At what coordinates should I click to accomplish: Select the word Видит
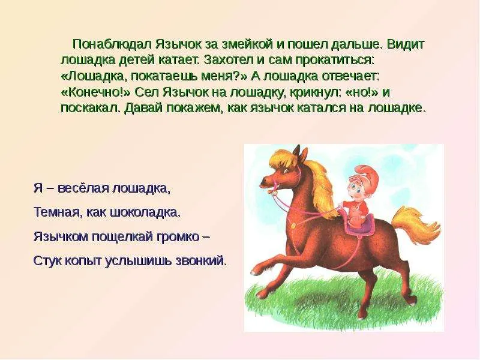coord(406,44)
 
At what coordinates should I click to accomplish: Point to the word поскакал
coord(91,108)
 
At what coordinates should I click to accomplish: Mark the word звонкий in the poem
coord(201,261)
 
